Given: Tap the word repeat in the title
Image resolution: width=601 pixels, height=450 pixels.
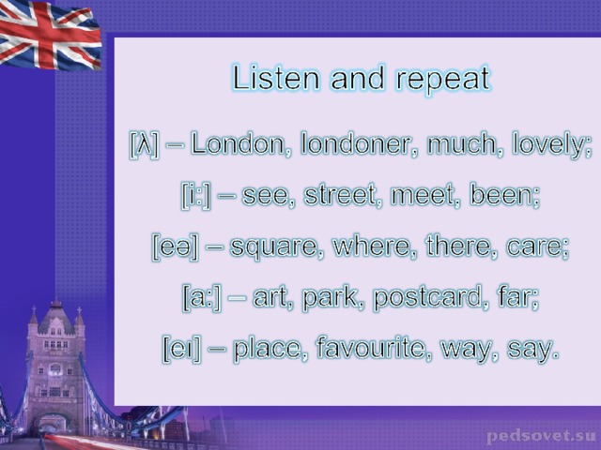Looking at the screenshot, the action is (443, 81).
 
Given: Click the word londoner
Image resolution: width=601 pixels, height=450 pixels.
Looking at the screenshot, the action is (359, 144).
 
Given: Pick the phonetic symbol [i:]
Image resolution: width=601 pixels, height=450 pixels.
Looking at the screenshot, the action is (196, 196).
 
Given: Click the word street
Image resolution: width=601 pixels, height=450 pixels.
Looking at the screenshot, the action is (343, 195).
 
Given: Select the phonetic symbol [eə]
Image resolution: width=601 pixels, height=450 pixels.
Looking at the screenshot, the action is (176, 247).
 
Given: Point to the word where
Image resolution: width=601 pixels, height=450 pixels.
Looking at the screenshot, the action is (375, 246).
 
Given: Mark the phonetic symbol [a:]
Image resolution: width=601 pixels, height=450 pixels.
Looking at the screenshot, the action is (202, 298).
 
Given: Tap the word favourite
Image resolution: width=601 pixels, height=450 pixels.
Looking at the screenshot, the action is (374, 348).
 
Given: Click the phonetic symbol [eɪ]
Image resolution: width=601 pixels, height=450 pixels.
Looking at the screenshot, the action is (181, 349).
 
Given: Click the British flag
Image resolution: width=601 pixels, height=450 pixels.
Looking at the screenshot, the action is (50, 35).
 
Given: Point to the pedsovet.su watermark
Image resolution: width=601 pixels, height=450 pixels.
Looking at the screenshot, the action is (541, 437).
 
